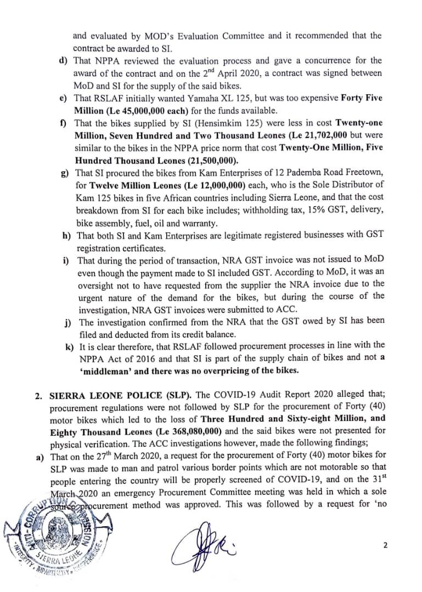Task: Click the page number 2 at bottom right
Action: [385, 545]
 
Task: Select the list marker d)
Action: [63, 60]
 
